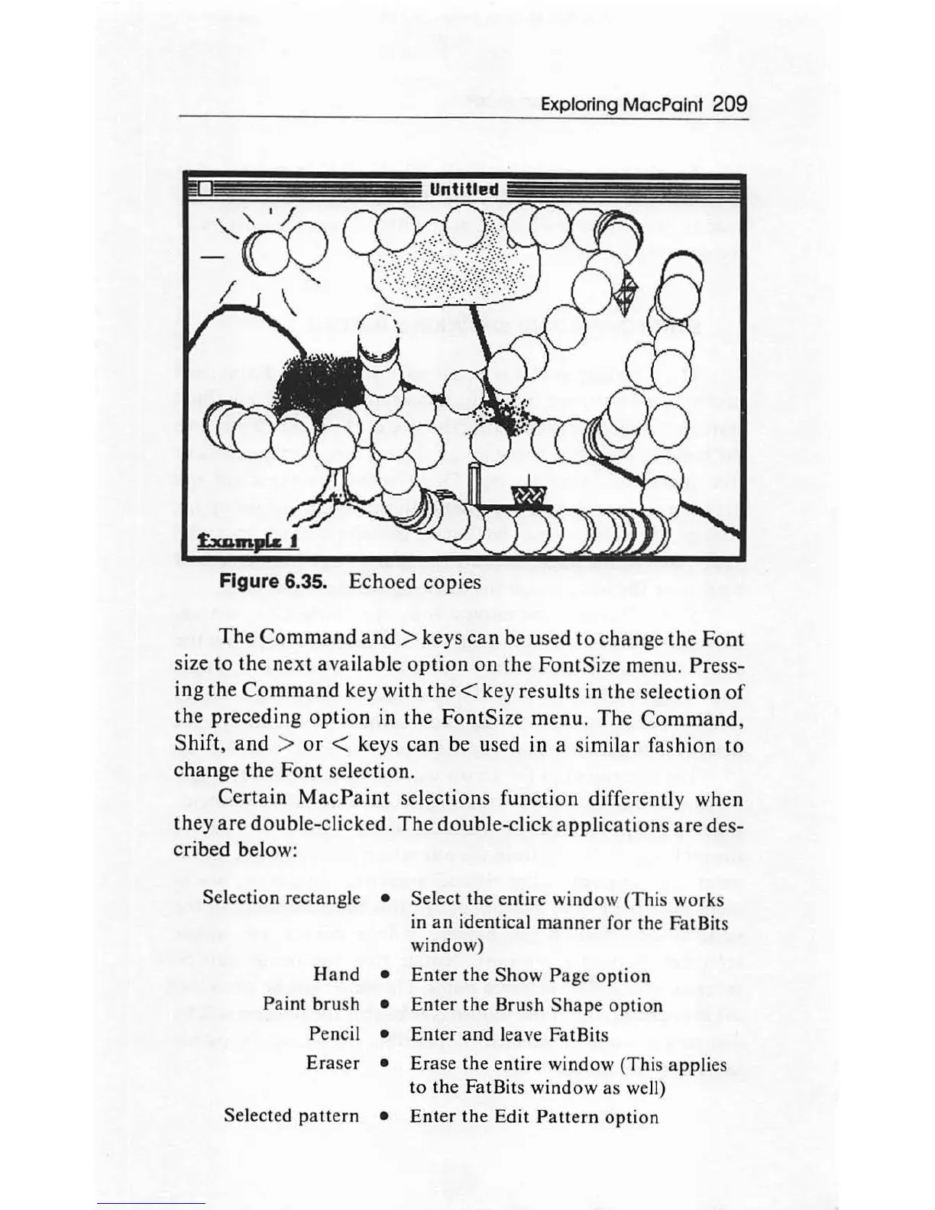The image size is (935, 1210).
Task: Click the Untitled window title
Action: click(464, 189)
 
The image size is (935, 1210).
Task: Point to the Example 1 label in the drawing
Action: click(247, 542)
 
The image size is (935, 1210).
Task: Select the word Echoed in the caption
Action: click(382, 582)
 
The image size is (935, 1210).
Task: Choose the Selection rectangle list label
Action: click(281, 898)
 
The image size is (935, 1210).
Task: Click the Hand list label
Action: click(336, 974)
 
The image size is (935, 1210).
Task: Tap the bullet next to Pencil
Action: click(387, 1034)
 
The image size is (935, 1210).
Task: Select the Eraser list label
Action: click(332, 1063)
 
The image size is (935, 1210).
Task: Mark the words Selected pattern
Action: click(291, 1115)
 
